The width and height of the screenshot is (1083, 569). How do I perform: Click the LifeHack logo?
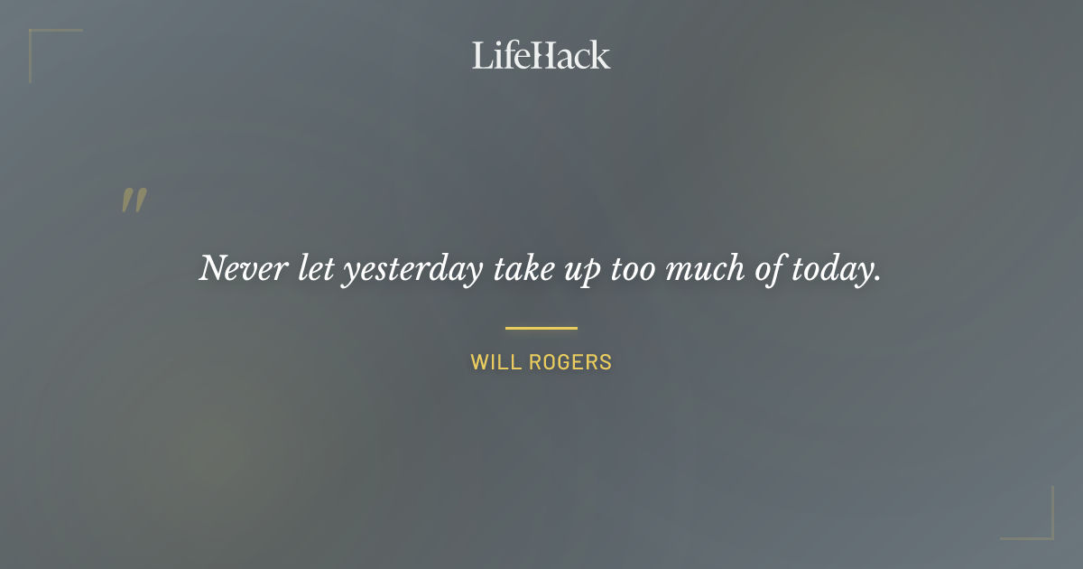[x=541, y=55]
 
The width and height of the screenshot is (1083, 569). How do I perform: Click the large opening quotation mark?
[x=134, y=201]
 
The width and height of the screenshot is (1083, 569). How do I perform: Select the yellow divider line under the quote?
[x=541, y=328]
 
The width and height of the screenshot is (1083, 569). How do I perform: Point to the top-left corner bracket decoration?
[x=41, y=41]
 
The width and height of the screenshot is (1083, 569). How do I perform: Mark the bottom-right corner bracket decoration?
[x=1042, y=528]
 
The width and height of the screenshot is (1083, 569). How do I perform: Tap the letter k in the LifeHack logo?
[x=600, y=56]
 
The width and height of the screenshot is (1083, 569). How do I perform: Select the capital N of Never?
[x=211, y=268]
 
